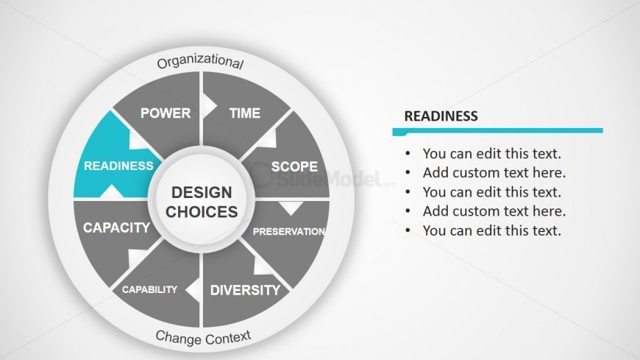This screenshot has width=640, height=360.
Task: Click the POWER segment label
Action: tap(166, 113)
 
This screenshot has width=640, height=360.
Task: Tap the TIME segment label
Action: tap(245, 113)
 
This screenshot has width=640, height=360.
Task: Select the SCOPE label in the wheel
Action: tap(294, 166)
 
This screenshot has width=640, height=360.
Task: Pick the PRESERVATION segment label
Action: tap(289, 232)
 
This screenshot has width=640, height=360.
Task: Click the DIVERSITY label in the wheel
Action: tap(245, 290)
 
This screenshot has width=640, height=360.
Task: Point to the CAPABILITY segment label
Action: tap(149, 289)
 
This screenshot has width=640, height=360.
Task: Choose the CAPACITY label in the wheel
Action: tap(117, 227)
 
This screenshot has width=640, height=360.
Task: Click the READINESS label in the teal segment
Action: tap(118, 166)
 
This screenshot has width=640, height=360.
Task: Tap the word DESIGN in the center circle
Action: tap(202, 192)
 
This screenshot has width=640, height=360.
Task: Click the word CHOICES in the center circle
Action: tap(202, 212)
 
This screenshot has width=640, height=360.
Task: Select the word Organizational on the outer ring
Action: tap(200, 61)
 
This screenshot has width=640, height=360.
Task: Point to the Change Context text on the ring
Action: tap(203, 338)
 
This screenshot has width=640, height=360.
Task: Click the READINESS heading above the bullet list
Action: tap(441, 116)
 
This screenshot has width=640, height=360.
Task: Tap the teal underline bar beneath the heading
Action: tap(497, 131)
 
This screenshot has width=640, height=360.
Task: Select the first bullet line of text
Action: tap(492, 154)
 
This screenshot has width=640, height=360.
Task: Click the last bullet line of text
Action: tap(492, 230)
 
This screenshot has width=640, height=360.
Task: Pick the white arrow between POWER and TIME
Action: tap(209, 107)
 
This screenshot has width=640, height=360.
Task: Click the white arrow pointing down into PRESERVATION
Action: tap(291, 208)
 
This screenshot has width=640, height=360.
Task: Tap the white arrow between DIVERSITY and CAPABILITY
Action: tap(193, 290)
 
